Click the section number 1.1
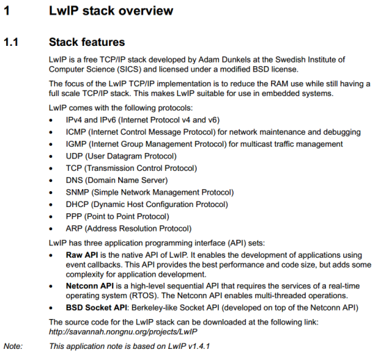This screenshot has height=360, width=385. pos(11,42)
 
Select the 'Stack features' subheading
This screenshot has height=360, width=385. pos(87,42)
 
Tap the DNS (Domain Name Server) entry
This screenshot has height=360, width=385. pos(114,180)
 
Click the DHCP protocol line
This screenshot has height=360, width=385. pos(147,204)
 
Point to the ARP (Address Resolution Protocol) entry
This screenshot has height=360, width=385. pos(129,228)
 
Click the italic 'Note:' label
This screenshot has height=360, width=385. pos(13,345)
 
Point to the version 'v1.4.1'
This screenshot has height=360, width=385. pos(196,345)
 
